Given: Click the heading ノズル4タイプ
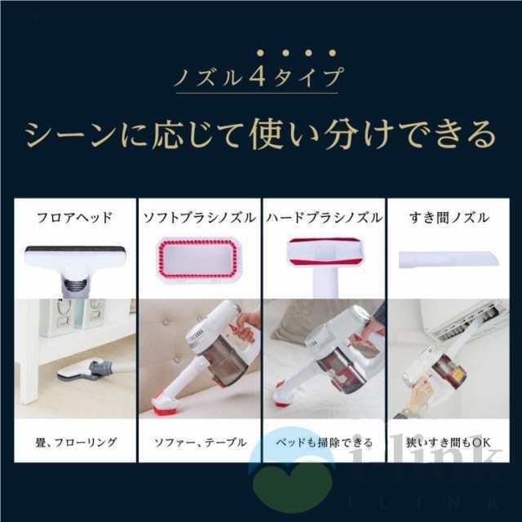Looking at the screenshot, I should pyautogui.click(x=260, y=81).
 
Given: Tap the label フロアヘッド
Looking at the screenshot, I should pyautogui.click(x=74, y=218).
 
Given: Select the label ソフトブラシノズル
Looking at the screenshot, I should pyautogui.click(x=198, y=218).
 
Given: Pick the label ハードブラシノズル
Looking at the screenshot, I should pyautogui.click(x=324, y=218).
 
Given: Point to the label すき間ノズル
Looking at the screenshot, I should pyautogui.click(x=448, y=218).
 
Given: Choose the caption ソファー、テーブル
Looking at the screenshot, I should pyautogui.click(x=200, y=442).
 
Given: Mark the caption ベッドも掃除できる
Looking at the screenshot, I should pyautogui.click(x=324, y=442).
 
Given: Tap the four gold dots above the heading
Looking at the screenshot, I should pyautogui.click(x=260, y=54).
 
